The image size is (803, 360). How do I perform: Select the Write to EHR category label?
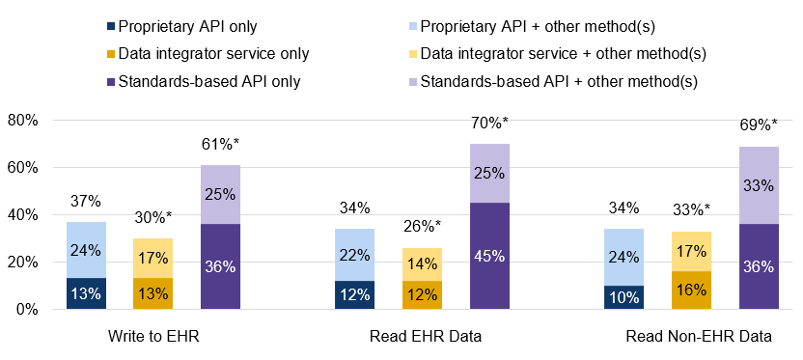coord(152,337)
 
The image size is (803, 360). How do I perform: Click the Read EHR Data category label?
coord(422,337)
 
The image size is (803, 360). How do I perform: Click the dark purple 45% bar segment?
coord(489,256)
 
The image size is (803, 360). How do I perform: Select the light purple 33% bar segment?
coord(759,185)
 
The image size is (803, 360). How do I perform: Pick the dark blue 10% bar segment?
coord(624,297)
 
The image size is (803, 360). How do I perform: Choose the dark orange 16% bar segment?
coord(691,291)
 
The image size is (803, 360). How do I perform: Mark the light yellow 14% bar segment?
coord(422,264)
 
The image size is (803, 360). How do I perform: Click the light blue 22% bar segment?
coord(354,255)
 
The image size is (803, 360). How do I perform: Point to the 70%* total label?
coord(489,124)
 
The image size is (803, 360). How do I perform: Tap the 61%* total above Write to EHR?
coord(220,145)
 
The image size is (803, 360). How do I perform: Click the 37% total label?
coord(86,202)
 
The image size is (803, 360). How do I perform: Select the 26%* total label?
coord(422,228)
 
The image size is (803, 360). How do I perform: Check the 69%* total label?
coord(759,125)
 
